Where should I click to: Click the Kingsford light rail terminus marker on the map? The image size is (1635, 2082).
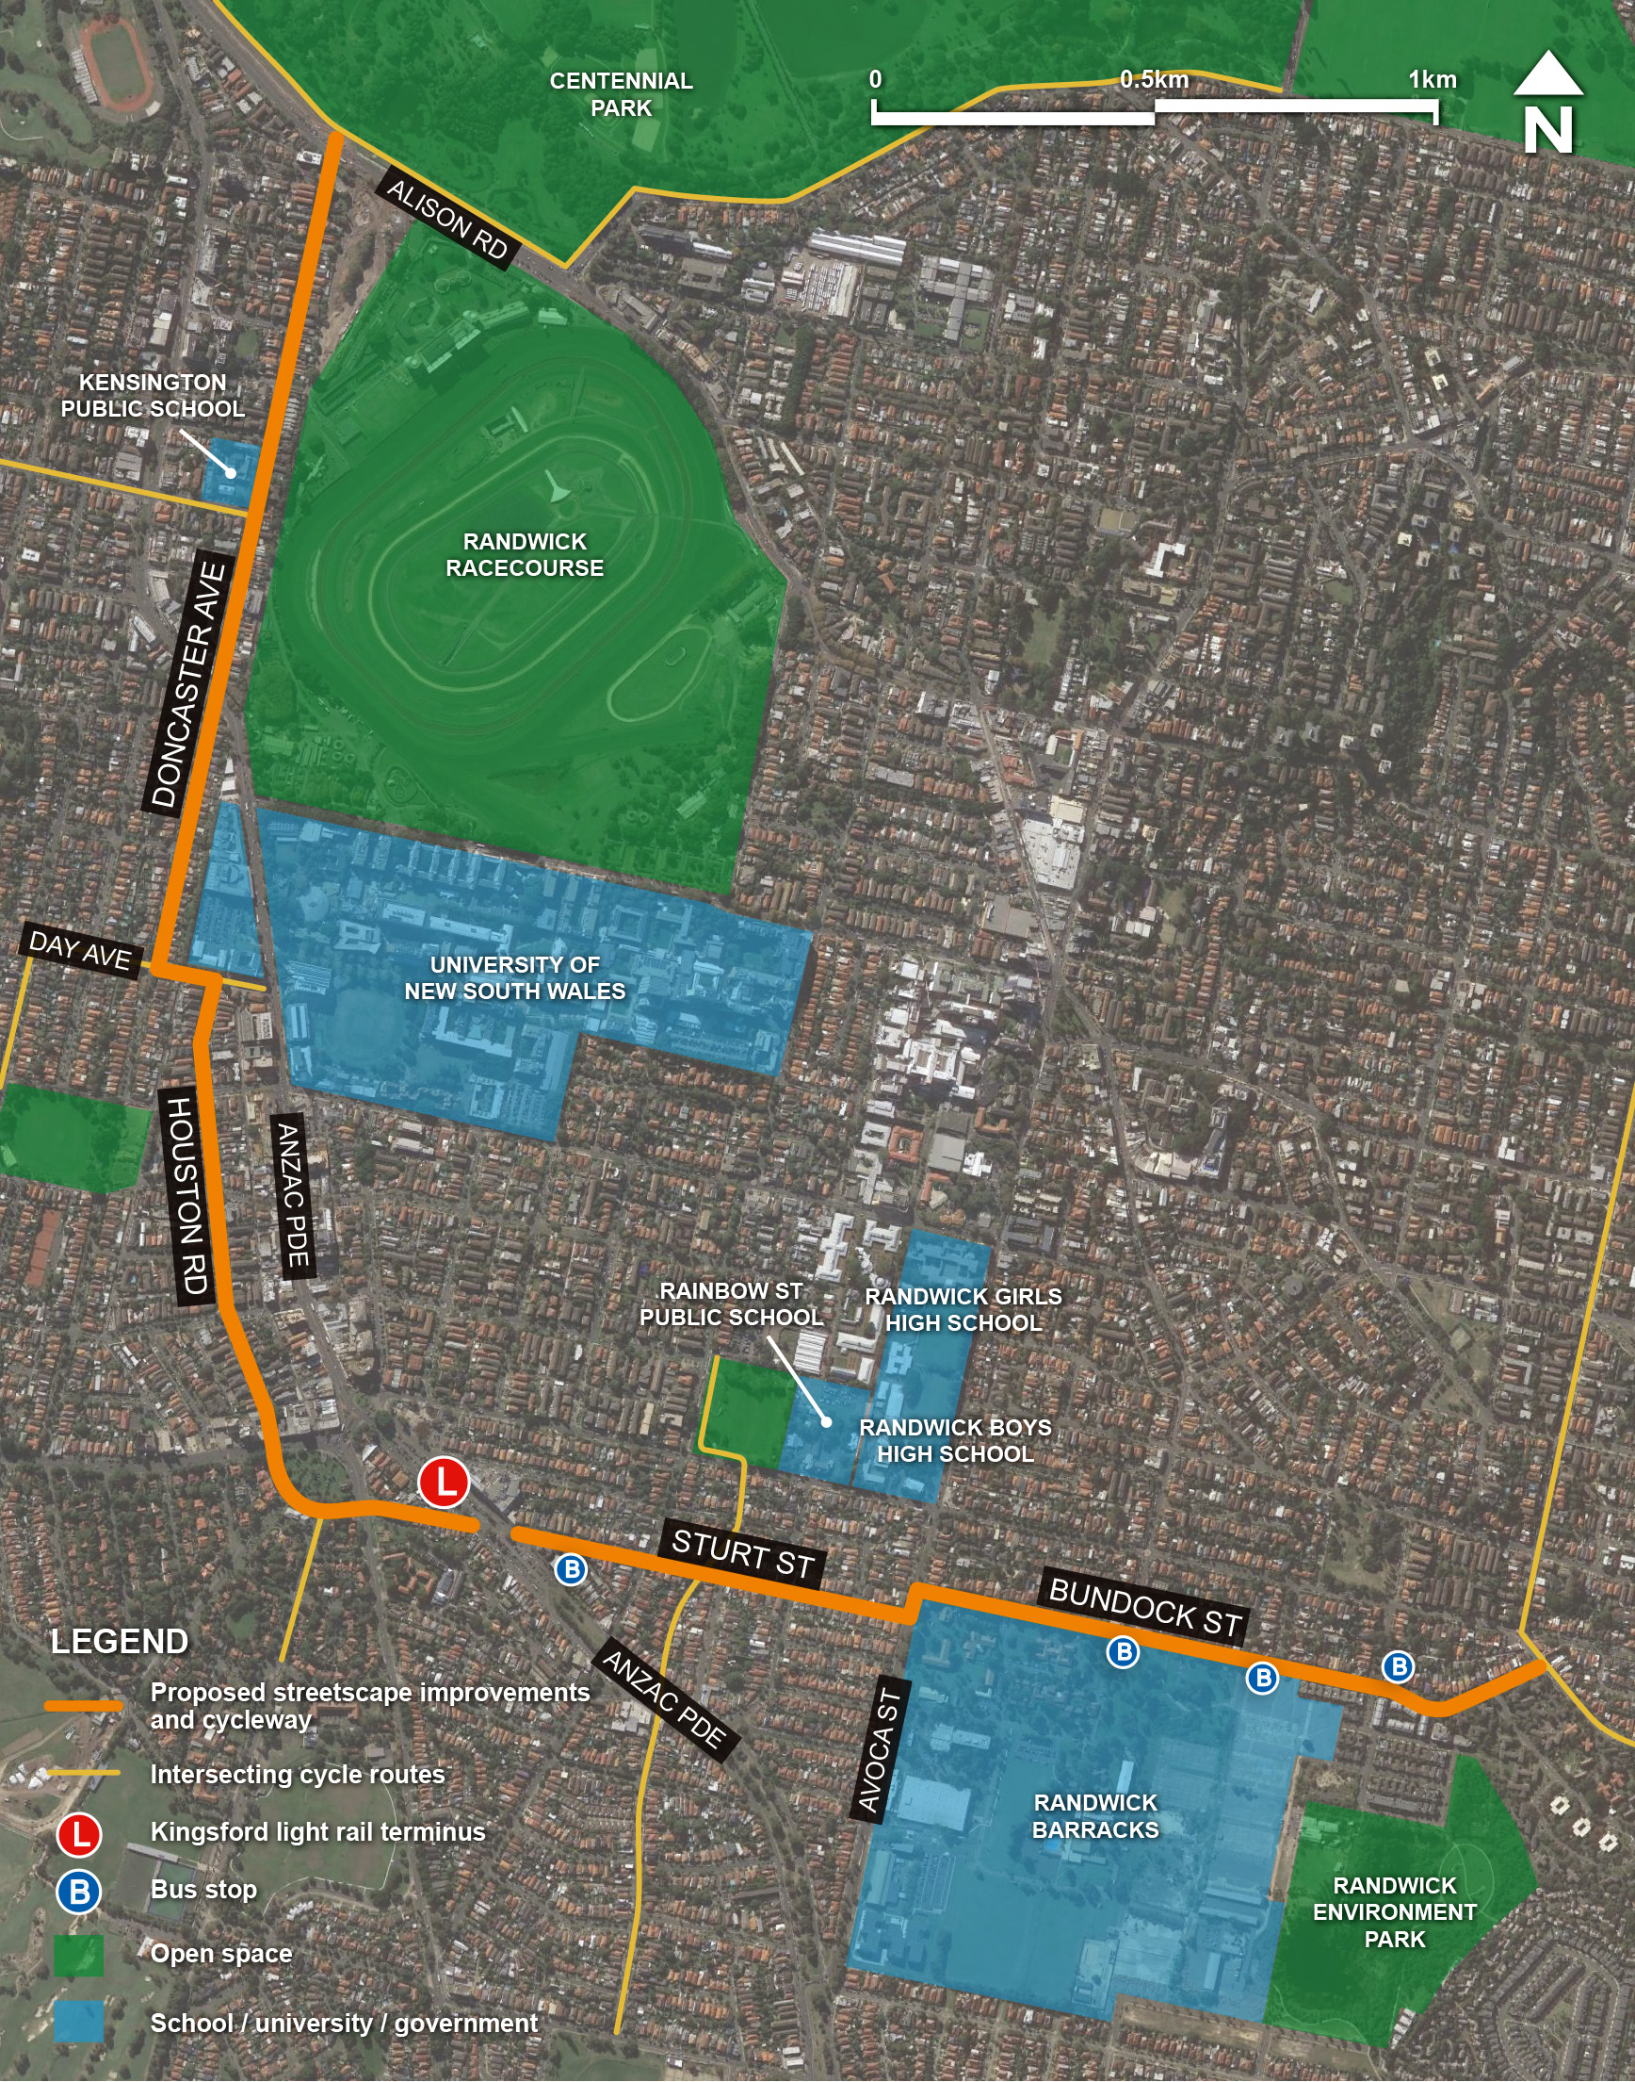[444, 1483]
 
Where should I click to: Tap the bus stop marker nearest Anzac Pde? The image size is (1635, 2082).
[571, 1568]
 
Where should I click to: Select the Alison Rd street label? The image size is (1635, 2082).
[447, 220]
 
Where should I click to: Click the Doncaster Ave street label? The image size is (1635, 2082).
[188, 683]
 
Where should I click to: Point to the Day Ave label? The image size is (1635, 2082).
[80, 951]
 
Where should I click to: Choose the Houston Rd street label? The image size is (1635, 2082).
[187, 1196]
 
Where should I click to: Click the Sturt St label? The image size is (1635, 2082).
[742, 1553]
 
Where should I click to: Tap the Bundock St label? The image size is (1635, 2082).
[1145, 1606]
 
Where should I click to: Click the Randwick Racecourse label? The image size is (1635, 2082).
[525, 554]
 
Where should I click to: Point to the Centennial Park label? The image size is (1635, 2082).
[622, 94]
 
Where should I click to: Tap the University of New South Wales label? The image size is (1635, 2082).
[515, 977]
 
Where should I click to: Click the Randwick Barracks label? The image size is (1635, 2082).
[1095, 1816]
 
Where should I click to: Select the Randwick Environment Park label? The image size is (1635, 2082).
[1395, 1911]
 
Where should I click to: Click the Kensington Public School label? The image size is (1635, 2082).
[154, 395]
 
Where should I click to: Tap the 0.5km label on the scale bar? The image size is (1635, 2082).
[1155, 79]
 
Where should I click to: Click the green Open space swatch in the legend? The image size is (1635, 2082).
[78, 1955]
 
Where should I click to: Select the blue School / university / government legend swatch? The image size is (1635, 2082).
[78, 2023]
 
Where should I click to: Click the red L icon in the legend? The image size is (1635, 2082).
[78, 1833]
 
